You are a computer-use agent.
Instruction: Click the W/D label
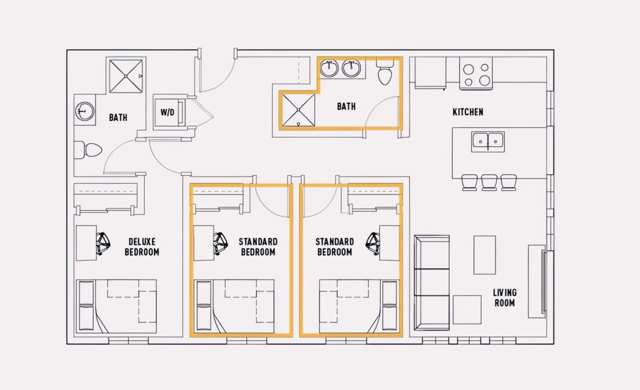[x=167, y=112]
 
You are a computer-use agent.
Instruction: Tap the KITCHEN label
[x=468, y=112]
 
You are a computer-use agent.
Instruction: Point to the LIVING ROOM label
[x=505, y=298]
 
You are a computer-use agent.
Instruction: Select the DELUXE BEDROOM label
[x=142, y=247]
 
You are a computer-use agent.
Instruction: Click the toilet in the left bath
[x=88, y=150]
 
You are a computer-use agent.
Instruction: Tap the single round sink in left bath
[x=85, y=111]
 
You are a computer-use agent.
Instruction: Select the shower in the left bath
[x=126, y=76]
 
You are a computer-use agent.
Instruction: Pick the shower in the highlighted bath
[x=299, y=110]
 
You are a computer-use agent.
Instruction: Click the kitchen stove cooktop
[x=476, y=74]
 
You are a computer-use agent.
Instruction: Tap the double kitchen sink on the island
[x=488, y=142]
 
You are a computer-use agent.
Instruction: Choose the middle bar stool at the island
[x=489, y=183]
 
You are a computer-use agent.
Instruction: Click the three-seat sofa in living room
[x=431, y=283]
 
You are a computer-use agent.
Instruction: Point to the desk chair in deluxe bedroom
[x=103, y=243]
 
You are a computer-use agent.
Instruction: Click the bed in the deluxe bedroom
[x=116, y=306]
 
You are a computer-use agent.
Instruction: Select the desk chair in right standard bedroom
[x=373, y=243]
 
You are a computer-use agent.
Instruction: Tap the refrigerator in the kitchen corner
[x=430, y=73]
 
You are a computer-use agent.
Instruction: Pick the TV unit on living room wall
[x=537, y=281]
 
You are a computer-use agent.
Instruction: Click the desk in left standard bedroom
[x=204, y=243]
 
